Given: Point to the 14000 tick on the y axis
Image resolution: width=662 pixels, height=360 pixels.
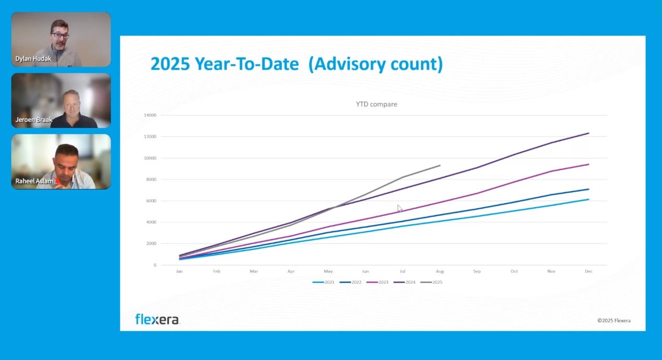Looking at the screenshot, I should pos(150,115).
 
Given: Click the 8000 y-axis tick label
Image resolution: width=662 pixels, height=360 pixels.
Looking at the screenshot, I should pos(151,179).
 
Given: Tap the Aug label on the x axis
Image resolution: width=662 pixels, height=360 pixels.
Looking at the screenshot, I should pos(440,271).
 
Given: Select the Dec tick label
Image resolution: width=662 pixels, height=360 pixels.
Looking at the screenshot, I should pos(589,271).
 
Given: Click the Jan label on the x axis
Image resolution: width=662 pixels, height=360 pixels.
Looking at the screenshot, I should pos(179,271).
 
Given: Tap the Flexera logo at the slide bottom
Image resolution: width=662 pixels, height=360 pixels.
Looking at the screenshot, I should pos(157,319).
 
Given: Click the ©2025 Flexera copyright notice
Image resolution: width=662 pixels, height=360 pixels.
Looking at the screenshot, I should pos(613,320).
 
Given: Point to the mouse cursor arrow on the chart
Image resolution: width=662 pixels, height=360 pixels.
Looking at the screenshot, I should pos(399,208).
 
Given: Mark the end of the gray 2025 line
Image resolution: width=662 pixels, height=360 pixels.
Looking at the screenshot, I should pos(440,165).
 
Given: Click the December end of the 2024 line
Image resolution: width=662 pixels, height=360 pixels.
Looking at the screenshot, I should pos(589,133).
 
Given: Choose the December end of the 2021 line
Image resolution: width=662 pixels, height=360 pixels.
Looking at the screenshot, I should pos(589,199).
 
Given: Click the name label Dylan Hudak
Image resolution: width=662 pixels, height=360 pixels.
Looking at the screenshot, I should pos(33,59).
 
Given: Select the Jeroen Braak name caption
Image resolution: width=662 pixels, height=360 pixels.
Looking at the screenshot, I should pos(34,120).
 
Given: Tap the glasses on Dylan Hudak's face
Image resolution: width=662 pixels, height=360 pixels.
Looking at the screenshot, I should pos(61,35).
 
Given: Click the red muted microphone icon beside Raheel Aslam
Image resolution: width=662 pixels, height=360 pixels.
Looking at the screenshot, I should pos(57,181).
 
